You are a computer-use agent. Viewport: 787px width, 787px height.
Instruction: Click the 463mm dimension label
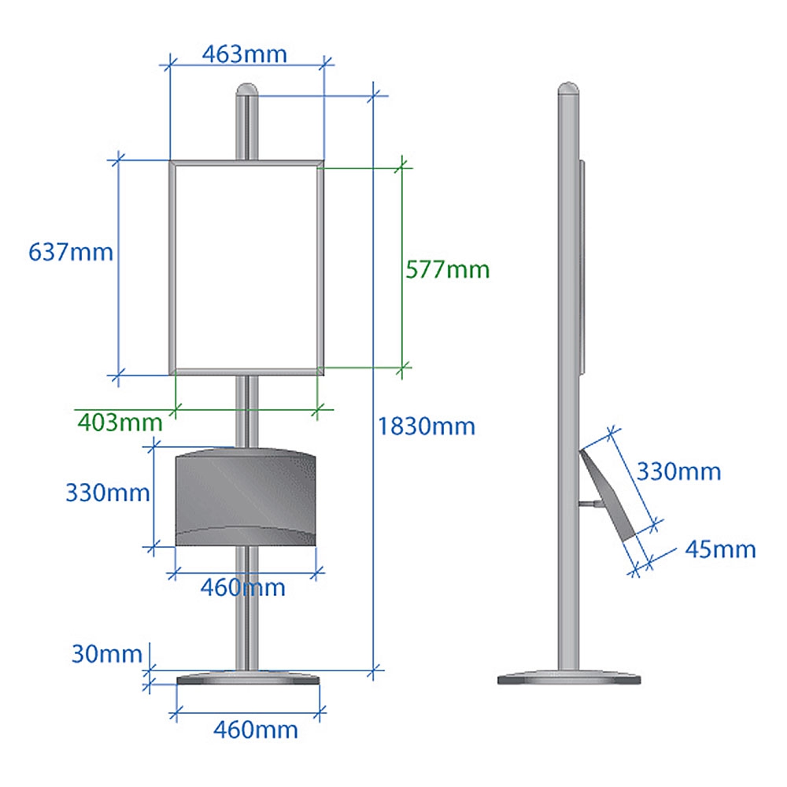click(245, 54)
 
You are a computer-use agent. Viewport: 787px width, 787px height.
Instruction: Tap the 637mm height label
click(71, 252)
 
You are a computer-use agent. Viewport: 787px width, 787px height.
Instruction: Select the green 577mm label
click(447, 269)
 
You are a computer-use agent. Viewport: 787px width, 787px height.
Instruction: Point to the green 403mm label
click(120, 423)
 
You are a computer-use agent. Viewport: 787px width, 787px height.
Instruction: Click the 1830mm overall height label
click(426, 427)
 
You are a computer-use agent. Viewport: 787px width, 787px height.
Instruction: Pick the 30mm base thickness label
click(107, 654)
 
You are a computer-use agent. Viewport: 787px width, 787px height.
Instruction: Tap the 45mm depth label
click(720, 549)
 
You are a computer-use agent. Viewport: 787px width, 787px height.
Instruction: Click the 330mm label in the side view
click(678, 471)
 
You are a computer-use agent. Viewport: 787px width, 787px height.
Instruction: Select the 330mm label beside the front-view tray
click(107, 493)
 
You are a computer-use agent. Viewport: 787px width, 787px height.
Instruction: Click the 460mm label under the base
click(256, 730)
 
